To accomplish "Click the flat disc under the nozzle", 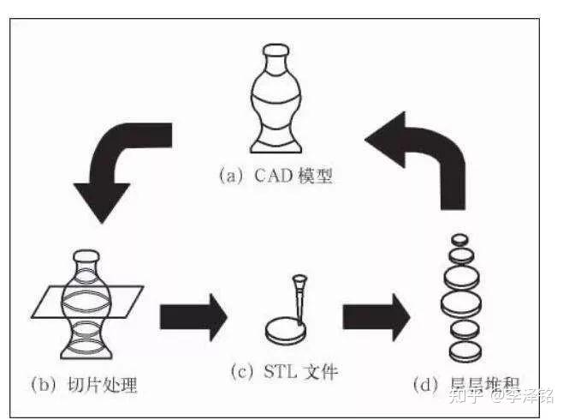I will click(x=287, y=330).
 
